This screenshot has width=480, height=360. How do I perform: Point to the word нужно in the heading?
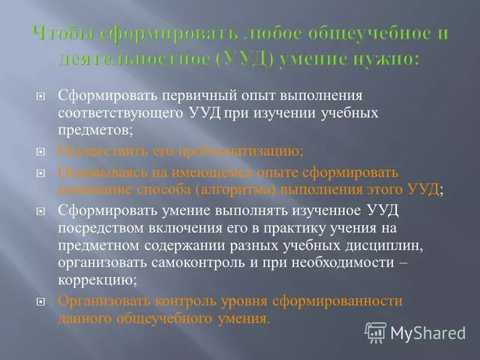point(386,59)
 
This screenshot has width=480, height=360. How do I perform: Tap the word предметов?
point(95,128)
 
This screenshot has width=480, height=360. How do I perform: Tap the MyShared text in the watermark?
point(428,332)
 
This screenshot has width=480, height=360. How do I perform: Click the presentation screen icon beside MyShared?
point(376,332)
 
